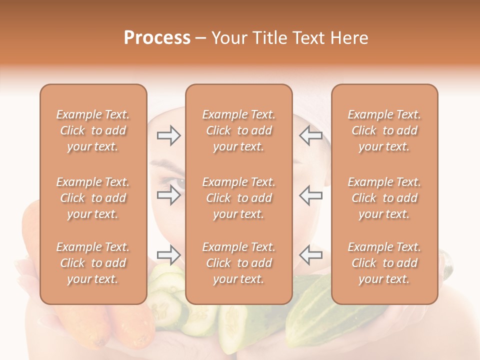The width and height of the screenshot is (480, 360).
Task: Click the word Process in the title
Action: point(157,38)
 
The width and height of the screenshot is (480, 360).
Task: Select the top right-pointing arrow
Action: point(168,135)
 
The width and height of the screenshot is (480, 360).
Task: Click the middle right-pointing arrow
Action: point(168,195)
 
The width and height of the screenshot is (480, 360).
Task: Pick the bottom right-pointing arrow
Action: point(168,255)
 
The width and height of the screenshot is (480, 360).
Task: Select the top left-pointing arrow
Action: point(310,135)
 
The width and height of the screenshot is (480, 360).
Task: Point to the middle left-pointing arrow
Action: point(310,195)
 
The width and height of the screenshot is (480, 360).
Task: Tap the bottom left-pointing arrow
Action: point(310,255)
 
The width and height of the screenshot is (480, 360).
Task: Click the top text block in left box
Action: point(93,130)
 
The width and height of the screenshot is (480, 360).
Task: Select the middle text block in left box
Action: point(93,198)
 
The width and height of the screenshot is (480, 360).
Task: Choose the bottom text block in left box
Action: point(93,263)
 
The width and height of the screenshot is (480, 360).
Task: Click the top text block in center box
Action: point(239,130)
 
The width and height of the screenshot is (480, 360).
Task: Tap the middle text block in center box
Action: point(239,198)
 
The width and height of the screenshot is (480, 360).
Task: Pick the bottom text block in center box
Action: point(239,263)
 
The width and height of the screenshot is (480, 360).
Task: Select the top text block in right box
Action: point(384,130)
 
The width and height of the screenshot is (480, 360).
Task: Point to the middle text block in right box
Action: point(384,198)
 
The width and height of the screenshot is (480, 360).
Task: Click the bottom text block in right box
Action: point(384,263)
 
